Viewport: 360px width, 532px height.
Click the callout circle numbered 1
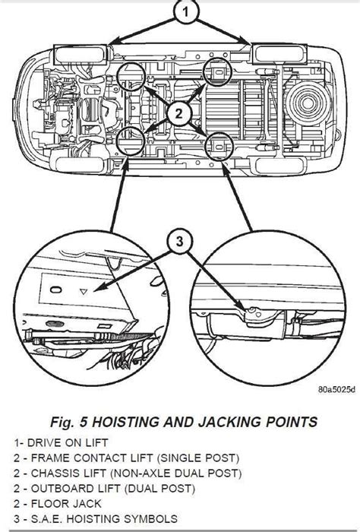click(185, 12)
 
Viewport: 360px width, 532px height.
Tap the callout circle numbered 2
click(179, 113)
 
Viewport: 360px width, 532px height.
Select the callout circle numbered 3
click(179, 242)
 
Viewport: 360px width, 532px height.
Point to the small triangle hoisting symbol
click(84, 291)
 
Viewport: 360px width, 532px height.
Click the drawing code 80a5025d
click(336, 389)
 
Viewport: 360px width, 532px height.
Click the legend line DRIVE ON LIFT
click(61, 443)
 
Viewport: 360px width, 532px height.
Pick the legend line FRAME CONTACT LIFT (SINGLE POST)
click(126, 458)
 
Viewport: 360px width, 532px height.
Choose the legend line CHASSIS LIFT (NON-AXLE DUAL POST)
click(128, 473)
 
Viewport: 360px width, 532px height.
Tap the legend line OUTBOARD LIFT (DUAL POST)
click(104, 489)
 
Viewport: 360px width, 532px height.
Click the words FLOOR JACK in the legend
click(66, 504)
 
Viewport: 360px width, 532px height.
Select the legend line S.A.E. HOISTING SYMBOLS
click(96, 519)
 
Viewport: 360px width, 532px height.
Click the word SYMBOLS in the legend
click(150, 519)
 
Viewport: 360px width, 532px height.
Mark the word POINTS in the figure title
click(292, 422)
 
